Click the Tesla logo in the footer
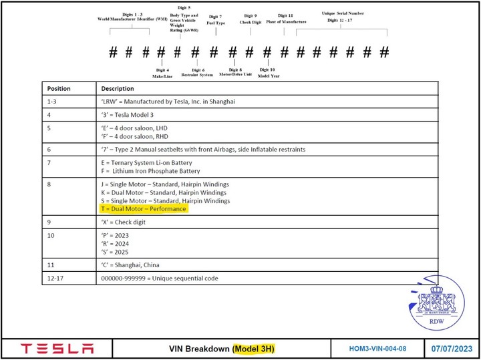pos(57,349)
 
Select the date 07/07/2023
pos(452,349)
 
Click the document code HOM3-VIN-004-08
pos(377,349)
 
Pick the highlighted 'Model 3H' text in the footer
pos(254,349)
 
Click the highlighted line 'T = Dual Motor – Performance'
pos(143,209)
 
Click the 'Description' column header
pos(118,88)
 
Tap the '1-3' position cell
pos(53,102)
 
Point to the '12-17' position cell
pos(56,278)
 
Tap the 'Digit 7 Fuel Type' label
pos(216,19)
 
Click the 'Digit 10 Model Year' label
pos(267,72)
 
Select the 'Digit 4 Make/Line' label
pos(162,72)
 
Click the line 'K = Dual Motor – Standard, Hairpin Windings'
pos(164,192)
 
